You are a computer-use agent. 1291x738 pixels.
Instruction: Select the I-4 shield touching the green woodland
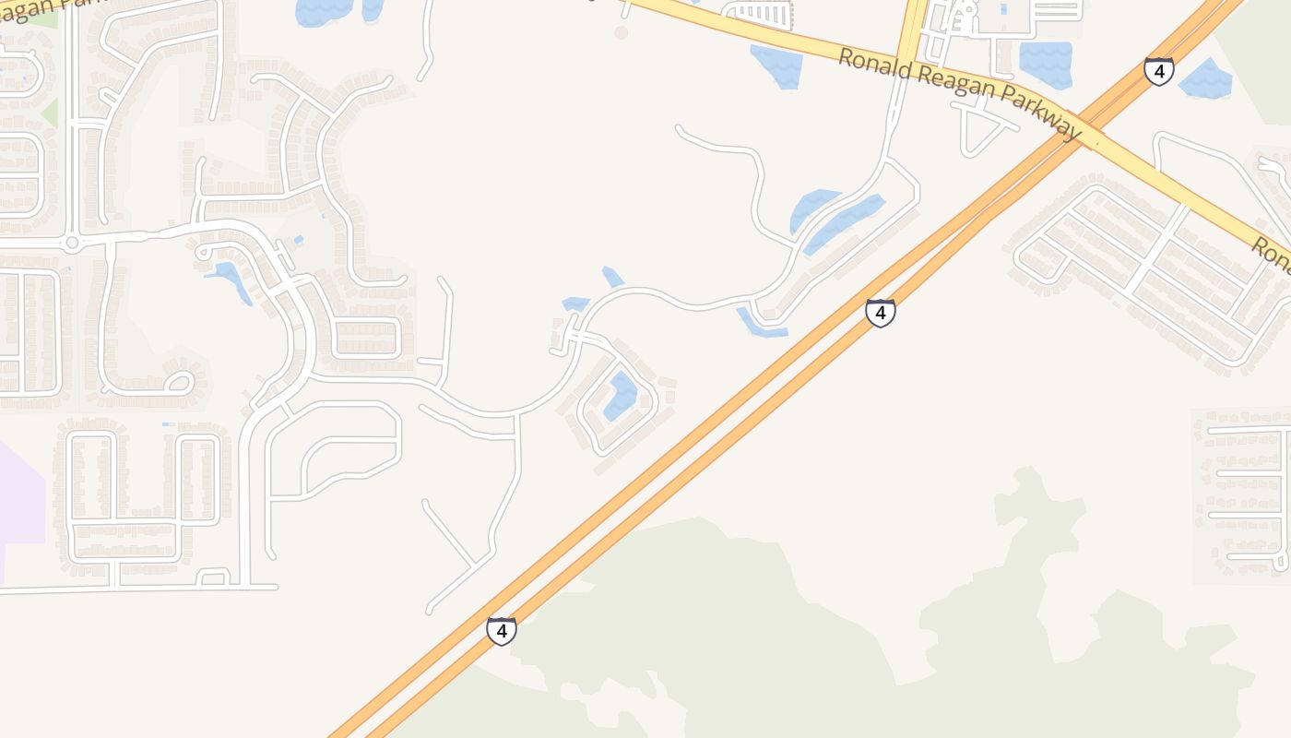tap(501, 631)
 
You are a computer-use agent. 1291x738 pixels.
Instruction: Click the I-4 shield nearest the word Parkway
tap(1159, 70)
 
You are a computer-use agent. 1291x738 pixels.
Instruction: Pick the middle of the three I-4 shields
tap(881, 313)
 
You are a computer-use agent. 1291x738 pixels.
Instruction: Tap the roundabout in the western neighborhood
tap(72, 244)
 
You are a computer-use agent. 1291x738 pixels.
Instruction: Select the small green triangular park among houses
tap(50, 113)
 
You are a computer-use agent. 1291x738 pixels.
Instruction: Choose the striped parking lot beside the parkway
tap(761, 14)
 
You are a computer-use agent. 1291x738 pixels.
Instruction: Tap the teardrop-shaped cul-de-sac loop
tap(178, 381)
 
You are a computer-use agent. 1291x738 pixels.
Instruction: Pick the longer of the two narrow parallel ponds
tap(844, 223)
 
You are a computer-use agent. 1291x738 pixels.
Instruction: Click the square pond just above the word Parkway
tap(1045, 64)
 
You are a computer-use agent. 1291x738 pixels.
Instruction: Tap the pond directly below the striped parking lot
tap(776, 66)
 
